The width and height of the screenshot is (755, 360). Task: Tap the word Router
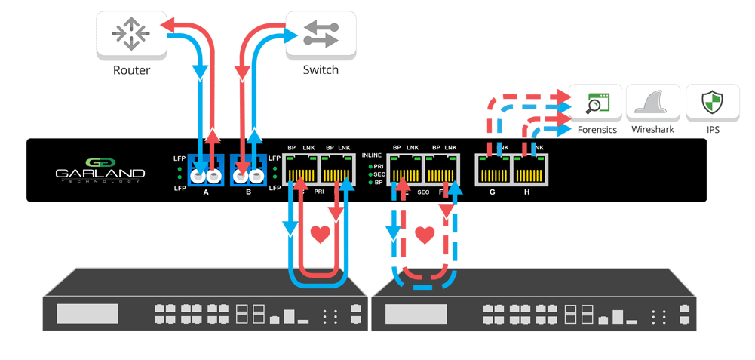point(132,71)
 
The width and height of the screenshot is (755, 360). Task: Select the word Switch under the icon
point(321,70)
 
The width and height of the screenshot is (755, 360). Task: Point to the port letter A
point(206,192)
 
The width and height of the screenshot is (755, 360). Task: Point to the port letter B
point(249,192)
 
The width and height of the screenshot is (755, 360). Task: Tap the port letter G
point(493,192)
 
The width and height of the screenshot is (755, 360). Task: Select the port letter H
point(528,192)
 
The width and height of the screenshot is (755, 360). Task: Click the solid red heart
point(321,235)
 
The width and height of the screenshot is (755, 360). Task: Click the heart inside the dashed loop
point(425,235)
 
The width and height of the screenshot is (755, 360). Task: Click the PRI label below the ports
point(319,192)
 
